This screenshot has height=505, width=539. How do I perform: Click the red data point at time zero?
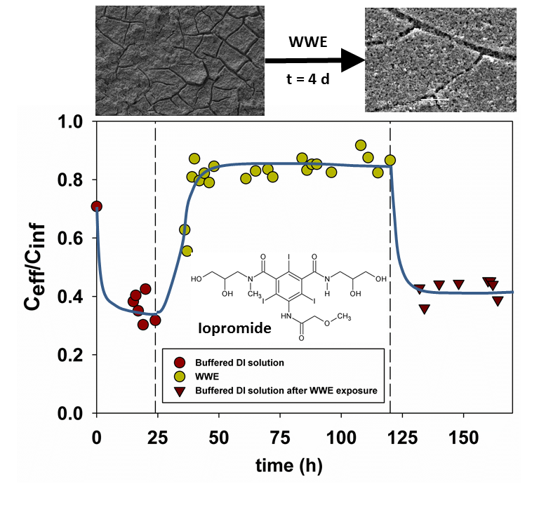pos(97,206)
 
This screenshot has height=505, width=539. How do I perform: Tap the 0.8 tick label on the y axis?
pos(73,180)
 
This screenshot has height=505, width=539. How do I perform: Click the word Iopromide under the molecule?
pos(234,328)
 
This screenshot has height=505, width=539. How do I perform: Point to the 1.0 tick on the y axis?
pos(73,121)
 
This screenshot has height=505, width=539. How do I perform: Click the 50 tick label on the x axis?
pos(219,435)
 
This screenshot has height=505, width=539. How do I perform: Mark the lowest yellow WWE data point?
pos(187,250)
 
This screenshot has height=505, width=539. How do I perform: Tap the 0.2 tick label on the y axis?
pos(73,356)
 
